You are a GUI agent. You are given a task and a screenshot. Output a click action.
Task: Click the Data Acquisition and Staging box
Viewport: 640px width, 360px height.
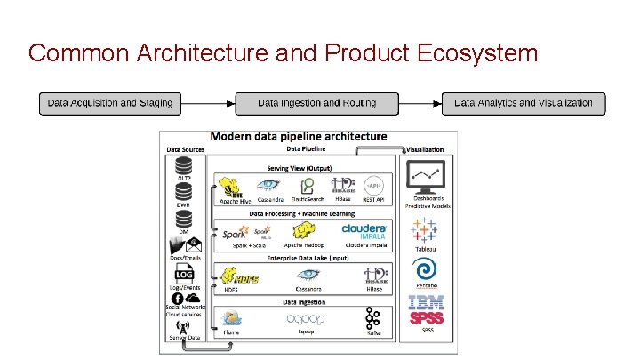110,103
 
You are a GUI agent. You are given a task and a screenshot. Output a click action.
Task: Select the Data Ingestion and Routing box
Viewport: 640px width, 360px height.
316,103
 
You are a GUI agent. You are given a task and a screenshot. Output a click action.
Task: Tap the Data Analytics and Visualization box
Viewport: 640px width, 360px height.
523,103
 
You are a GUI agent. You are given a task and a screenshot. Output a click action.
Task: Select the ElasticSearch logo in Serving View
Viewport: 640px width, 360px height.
307,186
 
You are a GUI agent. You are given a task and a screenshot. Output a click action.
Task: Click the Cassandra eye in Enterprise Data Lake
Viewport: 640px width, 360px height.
308,275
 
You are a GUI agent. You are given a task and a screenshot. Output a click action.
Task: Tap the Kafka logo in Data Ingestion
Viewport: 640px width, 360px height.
373,318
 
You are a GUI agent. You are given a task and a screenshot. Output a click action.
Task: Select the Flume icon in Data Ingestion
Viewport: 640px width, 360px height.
233,317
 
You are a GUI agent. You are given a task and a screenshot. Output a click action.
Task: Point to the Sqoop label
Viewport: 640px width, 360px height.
307,332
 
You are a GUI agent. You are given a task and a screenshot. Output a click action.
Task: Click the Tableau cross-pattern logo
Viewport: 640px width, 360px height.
426,229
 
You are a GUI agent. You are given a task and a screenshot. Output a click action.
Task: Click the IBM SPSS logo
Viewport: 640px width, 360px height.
426,309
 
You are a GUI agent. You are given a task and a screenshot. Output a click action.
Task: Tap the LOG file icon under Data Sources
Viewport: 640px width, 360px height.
184,275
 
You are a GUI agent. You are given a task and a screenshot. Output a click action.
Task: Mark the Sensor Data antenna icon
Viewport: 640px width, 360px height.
183,325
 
